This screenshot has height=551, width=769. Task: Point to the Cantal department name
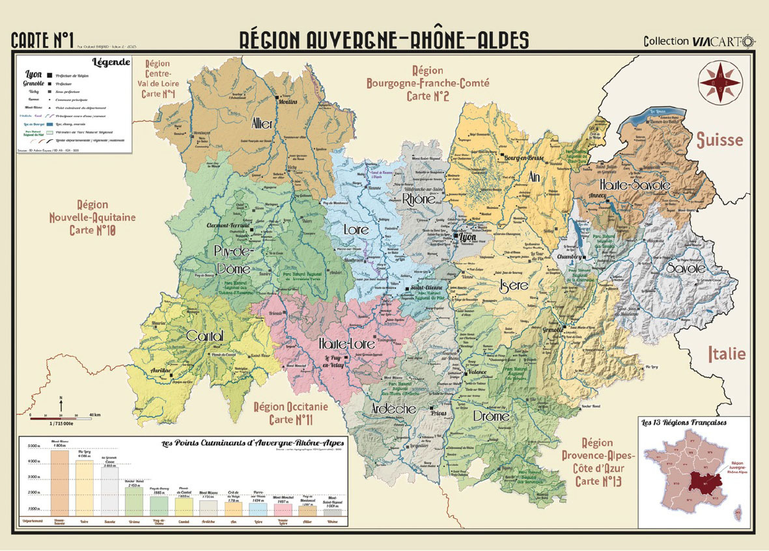point(204,336)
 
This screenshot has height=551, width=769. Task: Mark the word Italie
point(727,355)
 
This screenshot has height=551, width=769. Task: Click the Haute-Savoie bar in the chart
point(60,481)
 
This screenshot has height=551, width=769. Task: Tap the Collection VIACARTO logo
point(699,41)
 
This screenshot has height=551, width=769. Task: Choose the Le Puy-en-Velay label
point(337,362)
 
